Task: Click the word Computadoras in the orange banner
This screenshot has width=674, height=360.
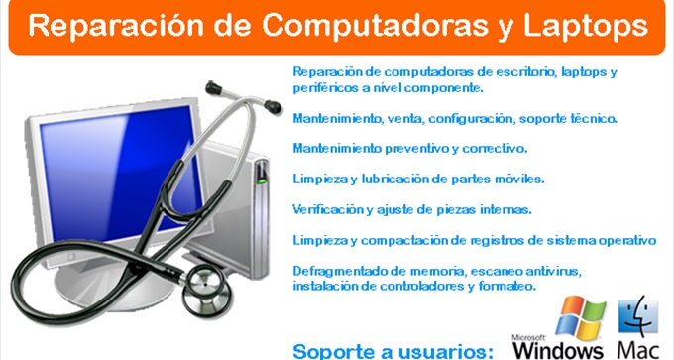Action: (x=375, y=26)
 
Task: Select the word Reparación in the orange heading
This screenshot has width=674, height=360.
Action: (x=116, y=26)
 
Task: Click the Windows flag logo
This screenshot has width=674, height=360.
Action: (x=580, y=316)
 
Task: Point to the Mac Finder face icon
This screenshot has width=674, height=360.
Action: (x=638, y=316)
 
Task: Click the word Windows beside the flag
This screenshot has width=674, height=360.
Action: (x=558, y=350)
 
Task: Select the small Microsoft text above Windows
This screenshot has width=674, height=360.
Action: (x=528, y=338)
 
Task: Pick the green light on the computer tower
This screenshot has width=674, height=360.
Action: (x=261, y=181)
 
